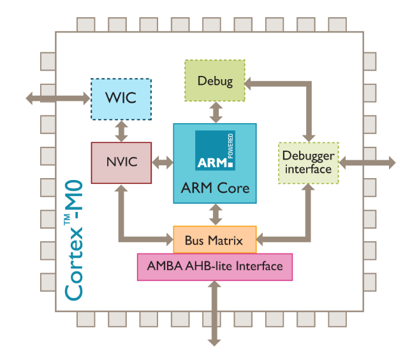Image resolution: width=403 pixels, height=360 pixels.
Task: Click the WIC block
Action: click(121, 99)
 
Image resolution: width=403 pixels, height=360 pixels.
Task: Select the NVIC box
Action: click(121, 163)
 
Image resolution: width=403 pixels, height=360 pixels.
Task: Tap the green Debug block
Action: click(215, 80)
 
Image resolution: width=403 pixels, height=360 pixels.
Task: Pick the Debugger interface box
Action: click(309, 163)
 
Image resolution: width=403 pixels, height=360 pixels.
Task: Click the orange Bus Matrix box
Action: click(215, 240)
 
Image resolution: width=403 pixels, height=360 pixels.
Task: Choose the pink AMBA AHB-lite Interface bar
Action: click(215, 267)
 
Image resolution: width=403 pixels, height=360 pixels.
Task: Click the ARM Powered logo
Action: click(215, 150)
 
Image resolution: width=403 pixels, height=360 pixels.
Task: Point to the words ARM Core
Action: click(215, 188)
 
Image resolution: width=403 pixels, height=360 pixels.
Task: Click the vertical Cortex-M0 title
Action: click(74, 240)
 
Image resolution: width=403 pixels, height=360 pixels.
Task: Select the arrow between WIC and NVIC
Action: click(121, 131)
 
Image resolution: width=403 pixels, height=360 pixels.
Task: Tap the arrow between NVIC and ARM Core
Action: click(163, 163)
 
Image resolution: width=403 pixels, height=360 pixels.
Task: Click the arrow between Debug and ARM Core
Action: click(216, 112)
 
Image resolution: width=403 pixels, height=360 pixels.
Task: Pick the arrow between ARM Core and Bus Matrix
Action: click(216, 214)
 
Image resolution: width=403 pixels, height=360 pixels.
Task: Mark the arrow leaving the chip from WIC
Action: click(58, 98)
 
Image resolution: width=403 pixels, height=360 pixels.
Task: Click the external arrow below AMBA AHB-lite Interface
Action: click(214, 313)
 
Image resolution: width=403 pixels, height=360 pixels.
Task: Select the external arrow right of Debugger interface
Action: click(367, 163)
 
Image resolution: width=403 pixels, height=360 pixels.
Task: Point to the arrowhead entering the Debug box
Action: click(247, 84)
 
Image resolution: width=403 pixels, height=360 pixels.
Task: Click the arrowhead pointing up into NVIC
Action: click(121, 188)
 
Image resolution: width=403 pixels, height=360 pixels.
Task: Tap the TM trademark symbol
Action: click(68, 220)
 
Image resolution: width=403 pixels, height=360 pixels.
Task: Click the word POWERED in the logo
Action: click(231, 146)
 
